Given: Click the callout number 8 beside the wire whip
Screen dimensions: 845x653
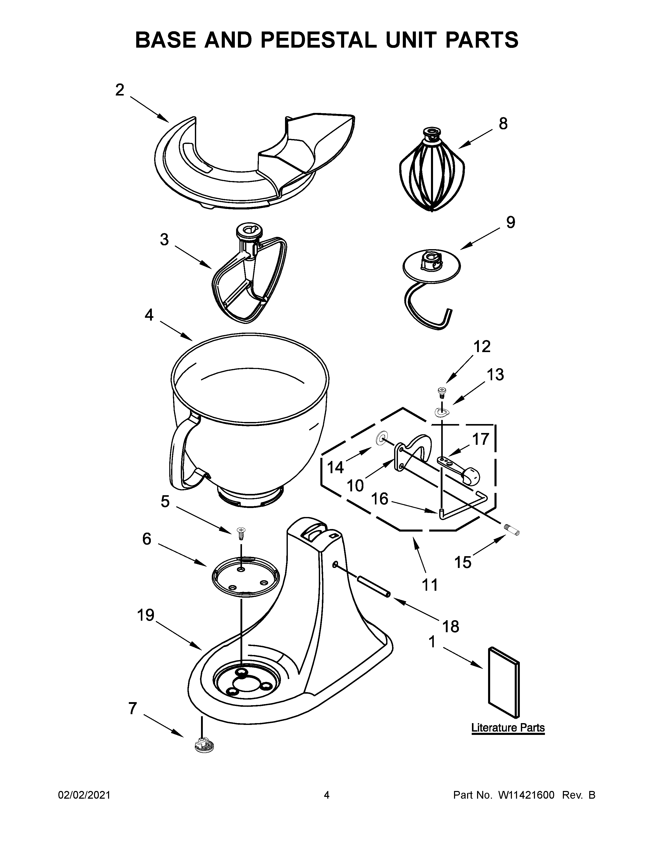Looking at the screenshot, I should pyautogui.click(x=502, y=124).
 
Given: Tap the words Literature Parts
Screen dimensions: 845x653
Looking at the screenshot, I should pyautogui.click(x=508, y=728).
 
